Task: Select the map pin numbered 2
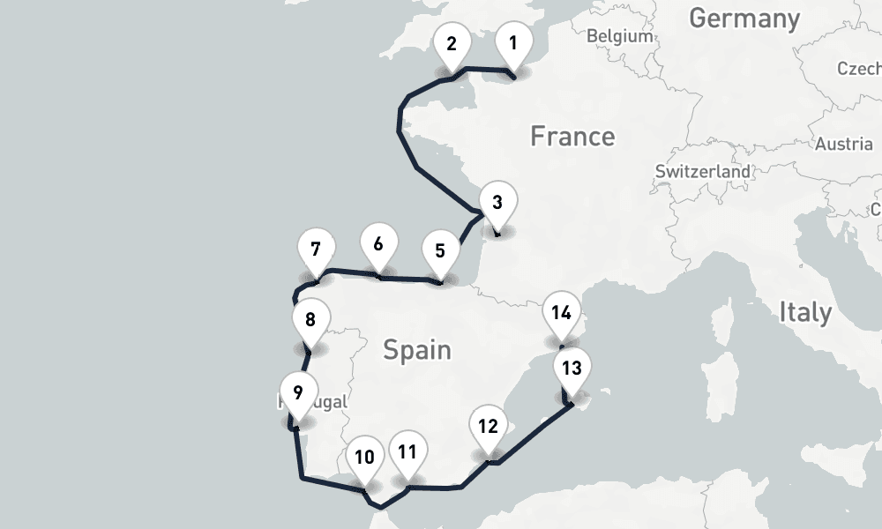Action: [452, 44]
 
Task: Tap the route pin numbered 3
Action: [497, 203]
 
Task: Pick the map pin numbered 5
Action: [440, 250]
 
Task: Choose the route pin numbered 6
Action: [378, 244]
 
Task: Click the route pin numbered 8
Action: [310, 319]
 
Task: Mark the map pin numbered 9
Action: [298, 392]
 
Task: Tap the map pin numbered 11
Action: [407, 452]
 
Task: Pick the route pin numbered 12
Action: [488, 427]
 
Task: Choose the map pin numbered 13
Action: [572, 369]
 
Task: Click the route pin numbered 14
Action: [562, 312]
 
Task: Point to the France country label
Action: [572, 137]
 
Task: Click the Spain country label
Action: [417, 350]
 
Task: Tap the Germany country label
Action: [744, 18]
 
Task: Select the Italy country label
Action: [805, 311]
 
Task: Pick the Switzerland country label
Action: [703, 171]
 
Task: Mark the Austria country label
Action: [844, 144]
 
